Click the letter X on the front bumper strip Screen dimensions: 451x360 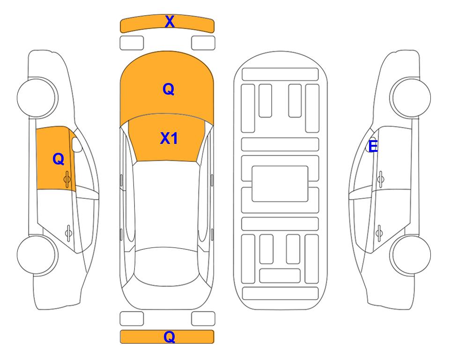click(170, 22)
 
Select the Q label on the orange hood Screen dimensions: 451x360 click(169, 89)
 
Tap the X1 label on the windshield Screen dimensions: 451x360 click(169, 138)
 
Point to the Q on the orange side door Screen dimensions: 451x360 click(59, 159)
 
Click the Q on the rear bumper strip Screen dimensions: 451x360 click(170, 337)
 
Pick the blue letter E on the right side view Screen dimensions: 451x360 click(373, 146)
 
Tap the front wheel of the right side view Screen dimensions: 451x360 click(410, 97)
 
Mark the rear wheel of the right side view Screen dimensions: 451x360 click(410, 255)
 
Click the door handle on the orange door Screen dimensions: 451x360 click(67, 179)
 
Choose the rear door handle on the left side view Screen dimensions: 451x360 click(68, 232)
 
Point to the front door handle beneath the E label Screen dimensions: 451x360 click(380, 179)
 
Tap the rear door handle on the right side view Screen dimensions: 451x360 click(379, 232)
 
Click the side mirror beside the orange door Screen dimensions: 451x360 click(76, 144)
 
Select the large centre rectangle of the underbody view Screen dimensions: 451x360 click(280, 184)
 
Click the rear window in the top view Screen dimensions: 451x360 click(167, 266)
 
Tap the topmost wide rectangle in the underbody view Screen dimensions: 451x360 click(280, 75)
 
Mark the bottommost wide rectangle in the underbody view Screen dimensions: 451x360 click(281, 293)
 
